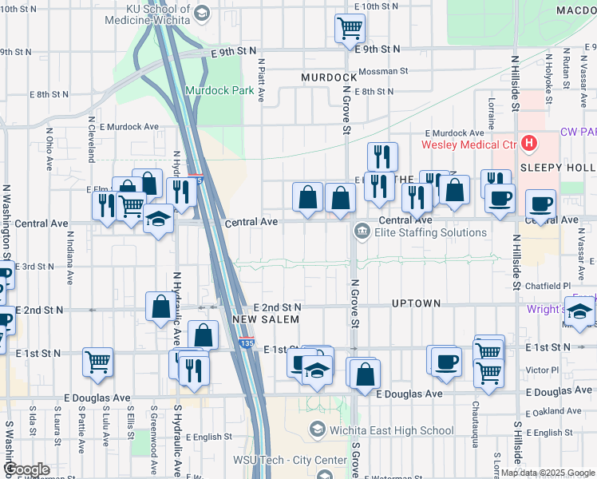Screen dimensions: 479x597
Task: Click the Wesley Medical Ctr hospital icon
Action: click(528, 144)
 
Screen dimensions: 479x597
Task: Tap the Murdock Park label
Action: click(219, 90)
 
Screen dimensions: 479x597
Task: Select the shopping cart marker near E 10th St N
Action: click(350, 29)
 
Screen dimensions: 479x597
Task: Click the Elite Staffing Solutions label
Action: click(432, 232)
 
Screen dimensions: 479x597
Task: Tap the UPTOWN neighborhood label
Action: click(416, 303)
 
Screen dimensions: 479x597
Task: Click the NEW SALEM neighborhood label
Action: click(265, 319)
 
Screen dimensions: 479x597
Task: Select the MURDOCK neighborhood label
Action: click(328, 77)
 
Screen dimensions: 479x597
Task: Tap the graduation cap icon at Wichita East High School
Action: click(318, 430)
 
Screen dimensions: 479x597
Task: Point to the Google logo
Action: click(26, 469)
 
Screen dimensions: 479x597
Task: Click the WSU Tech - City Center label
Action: click(279, 460)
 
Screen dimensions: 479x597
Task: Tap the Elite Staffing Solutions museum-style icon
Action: click(362, 232)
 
